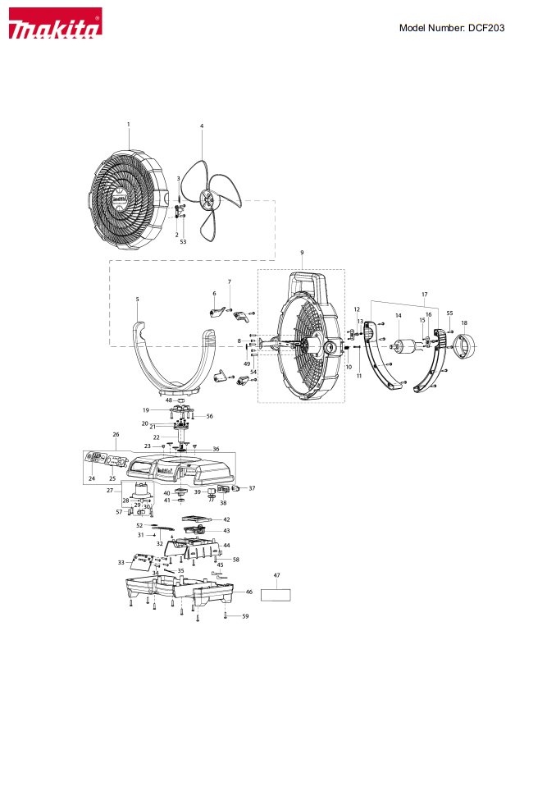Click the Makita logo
click(56, 23)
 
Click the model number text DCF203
click(486, 28)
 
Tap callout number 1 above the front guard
click(129, 124)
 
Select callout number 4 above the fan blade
click(202, 126)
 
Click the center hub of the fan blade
click(207, 199)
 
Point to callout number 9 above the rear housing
click(302, 252)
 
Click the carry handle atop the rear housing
click(307, 284)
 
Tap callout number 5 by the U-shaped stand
click(137, 299)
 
